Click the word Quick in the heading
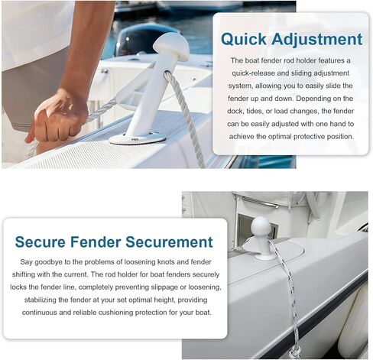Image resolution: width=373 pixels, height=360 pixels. pos(244,40)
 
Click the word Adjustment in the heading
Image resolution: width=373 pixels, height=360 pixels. pos(316,39)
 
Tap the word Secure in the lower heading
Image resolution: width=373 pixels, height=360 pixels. pos(41,242)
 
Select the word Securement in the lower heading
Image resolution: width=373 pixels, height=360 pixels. pos(169,242)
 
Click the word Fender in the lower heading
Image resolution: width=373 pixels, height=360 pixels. pos(96,242)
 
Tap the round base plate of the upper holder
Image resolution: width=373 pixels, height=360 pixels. pos(138,138)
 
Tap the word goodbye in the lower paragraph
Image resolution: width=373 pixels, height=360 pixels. pos(48,262)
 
